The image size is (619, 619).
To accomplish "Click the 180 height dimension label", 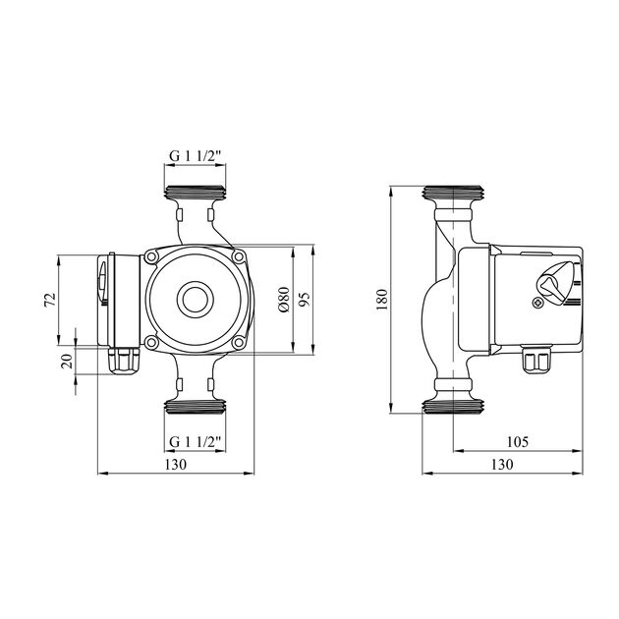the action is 382,300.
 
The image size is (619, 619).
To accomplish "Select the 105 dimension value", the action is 518,442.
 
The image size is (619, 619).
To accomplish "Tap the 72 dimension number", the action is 50,300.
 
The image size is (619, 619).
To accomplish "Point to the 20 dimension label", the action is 68,361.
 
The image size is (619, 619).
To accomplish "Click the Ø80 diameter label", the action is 284,300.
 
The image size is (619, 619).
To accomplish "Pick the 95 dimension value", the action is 306,300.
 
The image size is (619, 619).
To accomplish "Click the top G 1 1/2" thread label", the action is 195,156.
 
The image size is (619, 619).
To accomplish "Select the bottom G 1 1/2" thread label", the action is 195,442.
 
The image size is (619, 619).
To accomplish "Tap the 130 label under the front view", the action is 175,464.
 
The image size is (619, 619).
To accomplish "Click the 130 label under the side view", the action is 502,464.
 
